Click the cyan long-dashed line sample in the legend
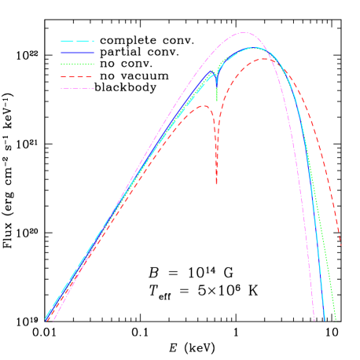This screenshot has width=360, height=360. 77,41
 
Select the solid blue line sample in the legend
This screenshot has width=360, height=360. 77,53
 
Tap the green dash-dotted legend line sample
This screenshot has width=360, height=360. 77,64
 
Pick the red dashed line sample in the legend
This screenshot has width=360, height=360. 77,77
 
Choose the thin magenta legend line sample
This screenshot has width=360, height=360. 77,89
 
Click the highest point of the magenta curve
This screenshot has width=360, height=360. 244,33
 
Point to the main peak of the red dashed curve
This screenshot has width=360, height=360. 263,59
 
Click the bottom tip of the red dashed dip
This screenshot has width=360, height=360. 216,186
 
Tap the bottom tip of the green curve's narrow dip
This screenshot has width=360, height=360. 217,101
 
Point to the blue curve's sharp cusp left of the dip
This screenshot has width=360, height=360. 212,71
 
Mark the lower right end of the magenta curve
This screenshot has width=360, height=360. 314,320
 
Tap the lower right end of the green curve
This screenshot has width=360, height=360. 336,320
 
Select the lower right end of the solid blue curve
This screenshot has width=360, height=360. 325,320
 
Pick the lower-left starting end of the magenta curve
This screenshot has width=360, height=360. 52,320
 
